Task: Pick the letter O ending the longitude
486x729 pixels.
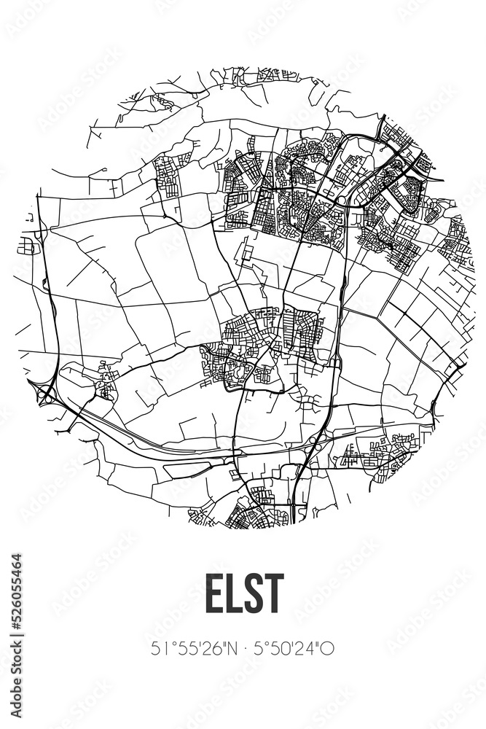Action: [x=329, y=648]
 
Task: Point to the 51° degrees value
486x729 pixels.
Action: [x=162, y=648]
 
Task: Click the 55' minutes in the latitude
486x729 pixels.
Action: [x=184, y=648]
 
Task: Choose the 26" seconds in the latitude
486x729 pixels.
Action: [x=210, y=648]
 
